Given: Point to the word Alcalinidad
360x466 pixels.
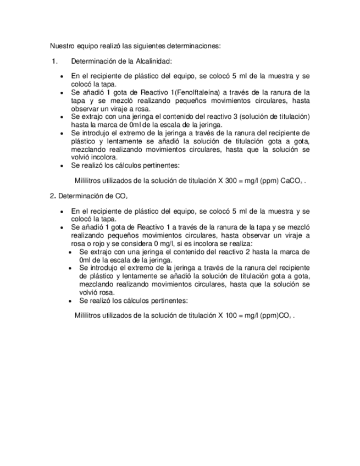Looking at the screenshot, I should [154, 62].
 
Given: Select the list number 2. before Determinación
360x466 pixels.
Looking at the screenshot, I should [52, 195].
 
